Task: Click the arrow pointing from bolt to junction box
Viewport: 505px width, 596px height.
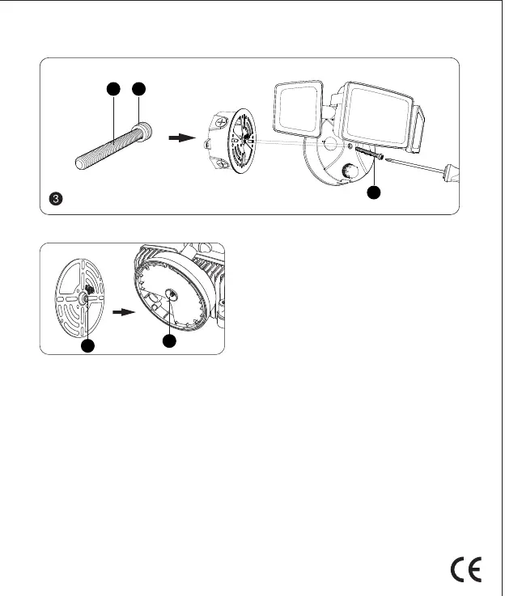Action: pyautogui.click(x=183, y=138)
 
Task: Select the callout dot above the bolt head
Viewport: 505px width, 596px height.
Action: pyautogui.click(x=140, y=89)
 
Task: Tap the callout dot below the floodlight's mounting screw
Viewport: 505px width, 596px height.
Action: pyautogui.click(x=373, y=193)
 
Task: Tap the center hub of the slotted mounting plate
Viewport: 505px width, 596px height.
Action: pyautogui.click(x=83, y=297)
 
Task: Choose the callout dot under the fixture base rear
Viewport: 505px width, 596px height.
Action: pyautogui.click(x=168, y=342)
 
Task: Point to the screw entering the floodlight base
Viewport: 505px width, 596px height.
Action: pyautogui.click(x=368, y=154)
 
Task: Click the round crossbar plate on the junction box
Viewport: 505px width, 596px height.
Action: pyautogui.click(x=242, y=141)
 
